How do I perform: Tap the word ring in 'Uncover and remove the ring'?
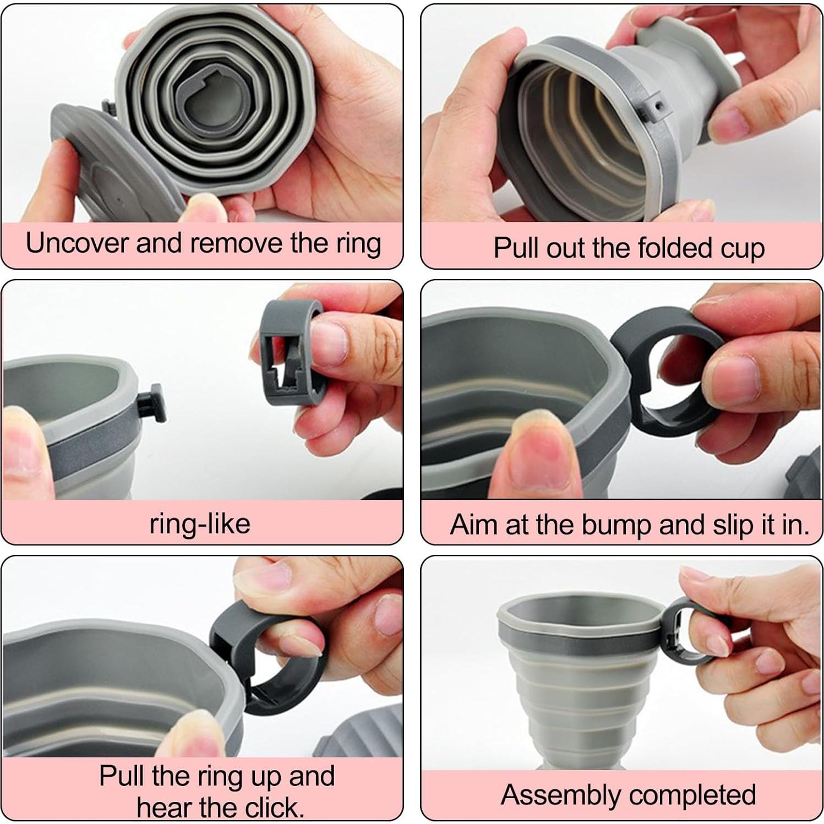tap(356, 244)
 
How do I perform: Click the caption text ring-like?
tap(200, 523)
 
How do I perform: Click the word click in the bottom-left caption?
tap(274, 807)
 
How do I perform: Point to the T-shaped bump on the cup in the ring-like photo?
tap(149, 405)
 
